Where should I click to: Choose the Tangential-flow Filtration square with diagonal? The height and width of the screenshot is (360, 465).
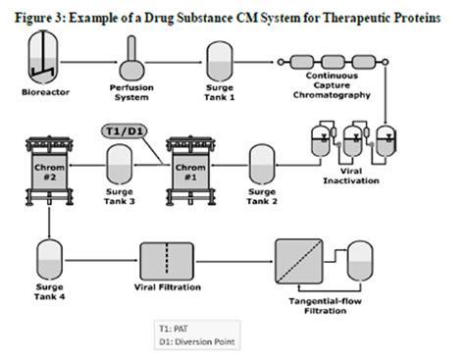coord(309,257)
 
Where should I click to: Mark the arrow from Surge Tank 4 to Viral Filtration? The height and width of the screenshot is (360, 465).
coord(98,259)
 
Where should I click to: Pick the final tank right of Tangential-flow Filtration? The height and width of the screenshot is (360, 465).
coord(364,257)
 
